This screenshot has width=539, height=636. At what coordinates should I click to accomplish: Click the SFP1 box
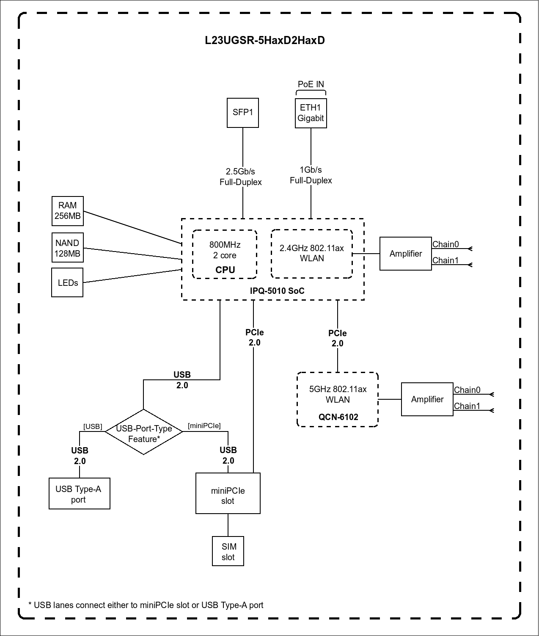point(243,113)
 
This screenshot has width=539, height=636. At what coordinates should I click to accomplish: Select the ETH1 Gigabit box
point(311,113)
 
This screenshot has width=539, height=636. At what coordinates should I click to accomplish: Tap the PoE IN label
point(311,84)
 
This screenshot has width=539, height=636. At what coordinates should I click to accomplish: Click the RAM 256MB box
point(68,211)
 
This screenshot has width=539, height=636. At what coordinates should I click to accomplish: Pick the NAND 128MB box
point(67,249)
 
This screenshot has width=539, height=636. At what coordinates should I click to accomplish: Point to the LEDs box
point(68,282)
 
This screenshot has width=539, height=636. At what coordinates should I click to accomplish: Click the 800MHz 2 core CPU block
point(225,254)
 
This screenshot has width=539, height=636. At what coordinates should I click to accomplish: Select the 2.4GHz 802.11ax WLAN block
point(312,254)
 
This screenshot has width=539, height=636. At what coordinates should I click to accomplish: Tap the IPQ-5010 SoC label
point(277,291)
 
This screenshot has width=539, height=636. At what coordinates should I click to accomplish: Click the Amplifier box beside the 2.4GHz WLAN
point(406,254)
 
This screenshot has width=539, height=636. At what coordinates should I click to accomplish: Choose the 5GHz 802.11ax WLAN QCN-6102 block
point(338,400)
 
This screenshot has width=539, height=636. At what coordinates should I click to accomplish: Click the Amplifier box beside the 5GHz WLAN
point(427,399)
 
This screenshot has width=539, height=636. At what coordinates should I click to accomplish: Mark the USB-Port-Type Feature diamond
point(144,432)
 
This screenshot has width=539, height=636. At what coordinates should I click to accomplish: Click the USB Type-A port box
point(80,494)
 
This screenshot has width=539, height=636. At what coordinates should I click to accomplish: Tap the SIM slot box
point(228,551)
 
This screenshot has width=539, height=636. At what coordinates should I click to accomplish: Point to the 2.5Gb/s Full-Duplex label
point(241,177)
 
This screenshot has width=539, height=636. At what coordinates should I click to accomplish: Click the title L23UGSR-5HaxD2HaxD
point(265,41)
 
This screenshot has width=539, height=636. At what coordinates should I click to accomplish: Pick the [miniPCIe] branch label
point(204,426)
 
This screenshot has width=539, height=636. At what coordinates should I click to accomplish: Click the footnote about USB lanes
point(146,605)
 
